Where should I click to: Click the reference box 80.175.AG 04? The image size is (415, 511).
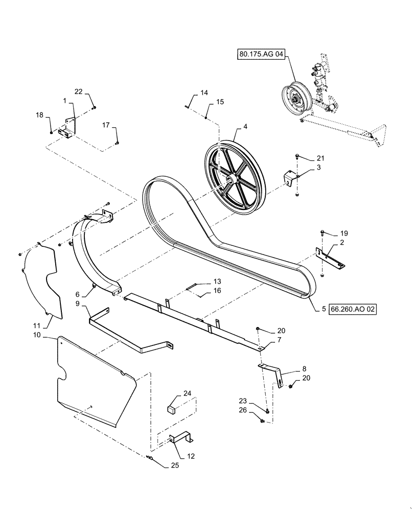click(x=260, y=53)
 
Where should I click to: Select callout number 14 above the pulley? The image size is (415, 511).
click(x=204, y=93)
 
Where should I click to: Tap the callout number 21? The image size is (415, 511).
click(x=320, y=158)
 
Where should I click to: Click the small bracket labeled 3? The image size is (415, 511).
click(x=289, y=178)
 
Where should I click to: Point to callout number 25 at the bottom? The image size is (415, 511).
click(x=162, y=466)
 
